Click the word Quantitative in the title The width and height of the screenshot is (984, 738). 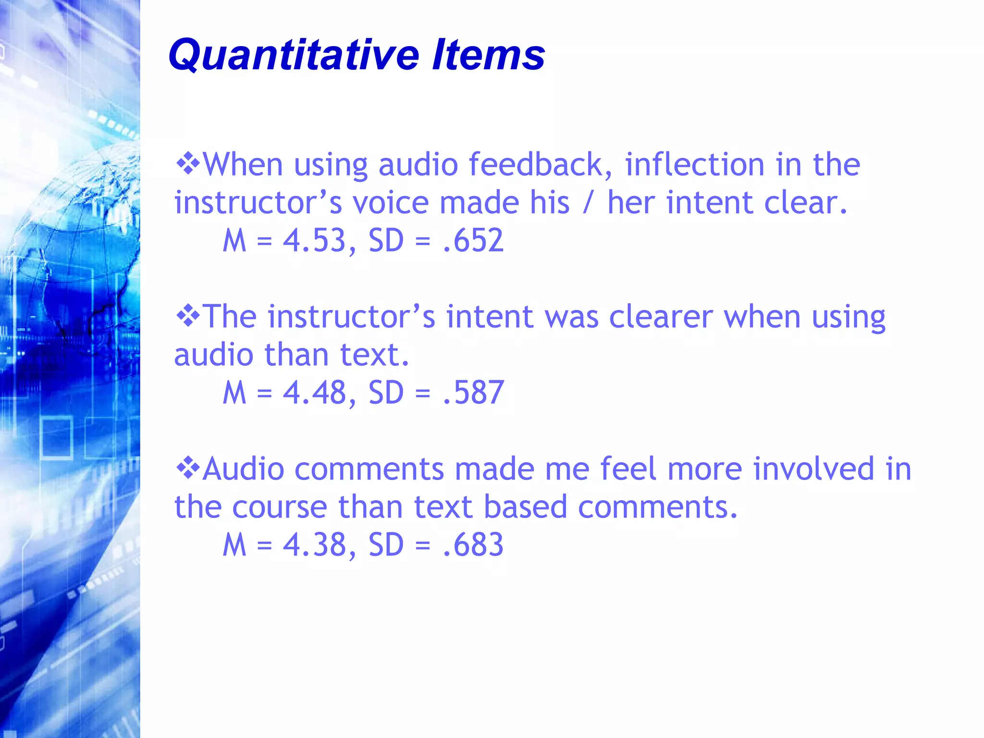click(293, 55)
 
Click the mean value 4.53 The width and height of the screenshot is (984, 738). click(314, 240)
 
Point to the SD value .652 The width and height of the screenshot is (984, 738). click(473, 240)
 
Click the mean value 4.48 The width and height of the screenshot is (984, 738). click(314, 393)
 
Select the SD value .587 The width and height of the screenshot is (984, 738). click(473, 393)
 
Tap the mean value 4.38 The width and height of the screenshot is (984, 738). click(314, 545)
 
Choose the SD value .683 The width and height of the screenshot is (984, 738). click(473, 545)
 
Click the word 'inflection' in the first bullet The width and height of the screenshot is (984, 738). click(694, 164)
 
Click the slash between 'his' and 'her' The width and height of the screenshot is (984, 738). click(587, 203)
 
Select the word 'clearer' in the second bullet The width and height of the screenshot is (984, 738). click(661, 317)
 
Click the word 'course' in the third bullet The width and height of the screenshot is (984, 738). click(280, 507)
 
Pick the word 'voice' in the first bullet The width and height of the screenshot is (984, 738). click(390, 203)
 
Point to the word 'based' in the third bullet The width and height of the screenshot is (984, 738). click(525, 507)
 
